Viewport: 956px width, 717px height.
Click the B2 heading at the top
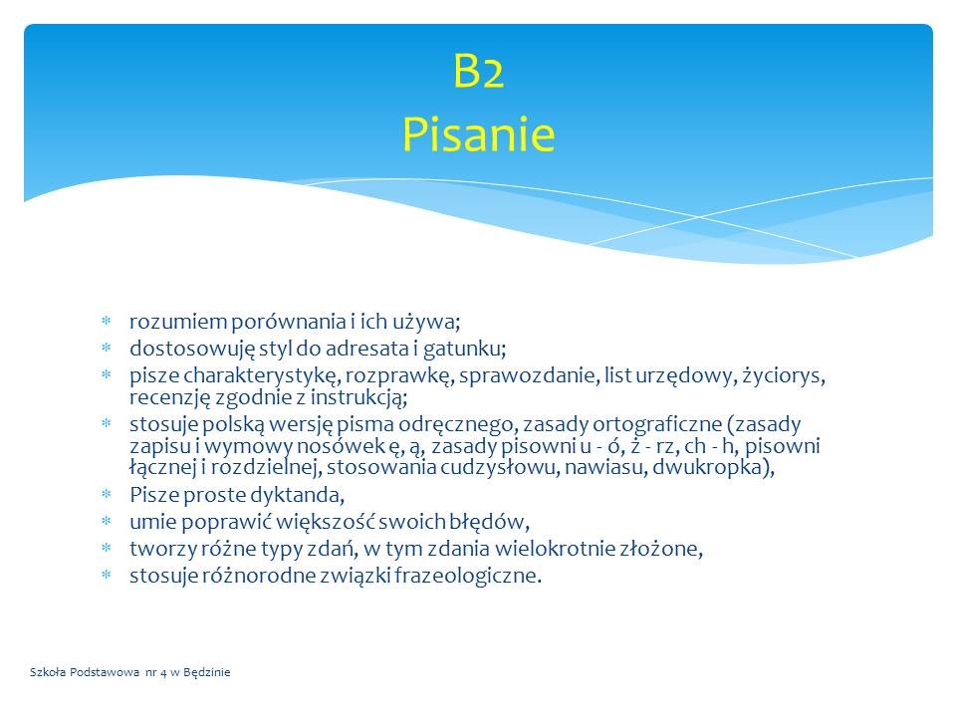(479, 71)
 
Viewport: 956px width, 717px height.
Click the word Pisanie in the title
(479, 133)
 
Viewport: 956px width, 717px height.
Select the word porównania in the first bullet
(289, 322)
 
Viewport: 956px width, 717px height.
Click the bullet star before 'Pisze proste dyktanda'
(107, 494)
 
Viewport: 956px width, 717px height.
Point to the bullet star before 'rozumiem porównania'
(107, 321)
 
